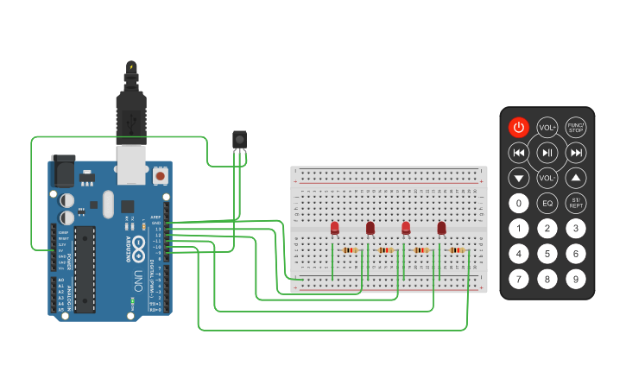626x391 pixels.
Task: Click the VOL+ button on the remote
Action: point(547,128)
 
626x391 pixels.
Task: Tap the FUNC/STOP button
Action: point(576,128)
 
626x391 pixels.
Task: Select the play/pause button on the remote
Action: point(547,153)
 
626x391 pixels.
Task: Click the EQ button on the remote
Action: point(547,204)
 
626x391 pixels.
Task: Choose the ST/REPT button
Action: point(576,204)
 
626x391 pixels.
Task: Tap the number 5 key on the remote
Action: point(547,254)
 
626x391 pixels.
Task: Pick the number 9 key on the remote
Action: point(576,279)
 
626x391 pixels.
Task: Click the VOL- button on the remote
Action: point(547,178)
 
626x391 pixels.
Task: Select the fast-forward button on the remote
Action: point(576,153)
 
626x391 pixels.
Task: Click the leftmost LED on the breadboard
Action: point(335,228)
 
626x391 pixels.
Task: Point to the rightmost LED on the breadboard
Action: point(441,228)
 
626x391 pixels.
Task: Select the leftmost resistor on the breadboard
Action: point(350,250)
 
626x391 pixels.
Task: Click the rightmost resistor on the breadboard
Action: point(457,250)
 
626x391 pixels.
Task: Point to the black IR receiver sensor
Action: point(240,139)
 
